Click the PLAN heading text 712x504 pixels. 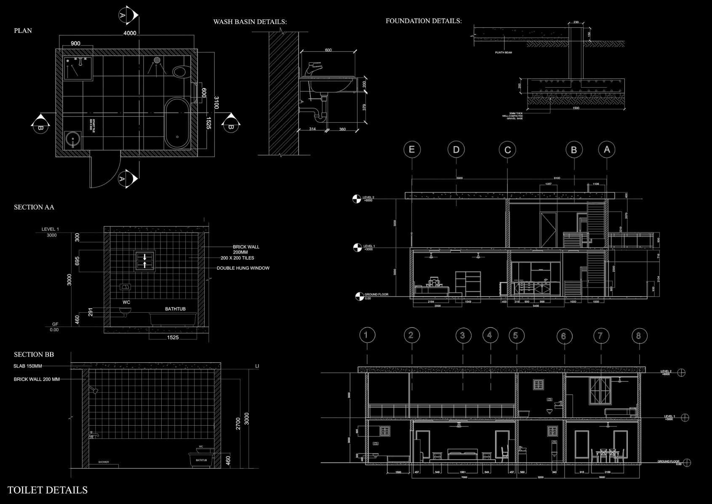[23, 31]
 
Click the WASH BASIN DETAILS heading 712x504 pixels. [250, 22]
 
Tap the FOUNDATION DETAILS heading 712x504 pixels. [424, 21]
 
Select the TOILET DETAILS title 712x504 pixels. [48, 490]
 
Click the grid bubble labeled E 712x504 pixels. [412, 150]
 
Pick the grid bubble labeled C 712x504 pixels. [507, 150]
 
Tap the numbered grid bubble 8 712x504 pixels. [639, 336]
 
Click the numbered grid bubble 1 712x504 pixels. [367, 335]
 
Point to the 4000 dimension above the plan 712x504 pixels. [130, 33]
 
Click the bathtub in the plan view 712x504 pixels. [177, 123]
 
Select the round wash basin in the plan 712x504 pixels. [73, 139]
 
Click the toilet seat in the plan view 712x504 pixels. [181, 72]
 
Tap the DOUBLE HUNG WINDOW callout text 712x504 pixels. [243, 268]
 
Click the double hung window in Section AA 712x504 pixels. [145, 260]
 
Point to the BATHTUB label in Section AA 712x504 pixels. [175, 309]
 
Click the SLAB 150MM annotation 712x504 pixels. [28, 366]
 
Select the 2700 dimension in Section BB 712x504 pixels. [238, 423]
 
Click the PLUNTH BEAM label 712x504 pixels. [503, 53]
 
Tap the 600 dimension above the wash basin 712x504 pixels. [328, 50]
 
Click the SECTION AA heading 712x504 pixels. [34, 207]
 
